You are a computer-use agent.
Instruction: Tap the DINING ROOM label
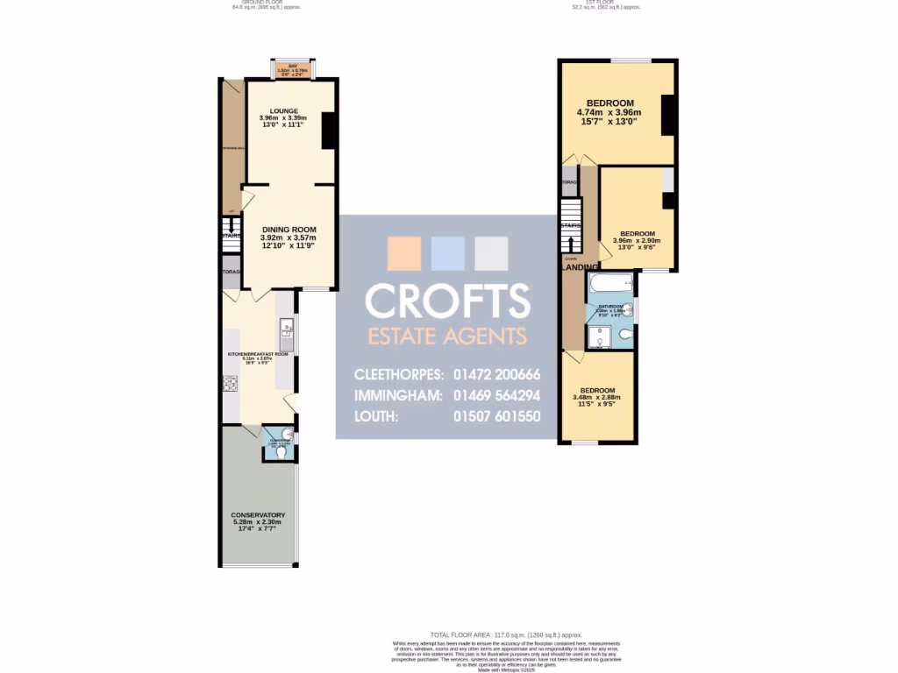(x=288, y=230)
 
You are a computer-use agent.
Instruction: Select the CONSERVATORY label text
(x=258, y=515)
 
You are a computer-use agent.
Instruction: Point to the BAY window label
(x=282, y=67)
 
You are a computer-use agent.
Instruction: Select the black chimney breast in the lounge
(x=330, y=131)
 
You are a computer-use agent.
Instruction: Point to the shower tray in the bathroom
(x=602, y=334)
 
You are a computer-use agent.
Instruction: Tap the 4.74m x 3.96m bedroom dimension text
(x=609, y=112)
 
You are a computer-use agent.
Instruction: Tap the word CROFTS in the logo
(x=447, y=301)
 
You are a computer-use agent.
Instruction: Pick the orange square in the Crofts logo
(x=404, y=253)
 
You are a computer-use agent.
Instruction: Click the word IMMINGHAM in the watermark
(x=399, y=395)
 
